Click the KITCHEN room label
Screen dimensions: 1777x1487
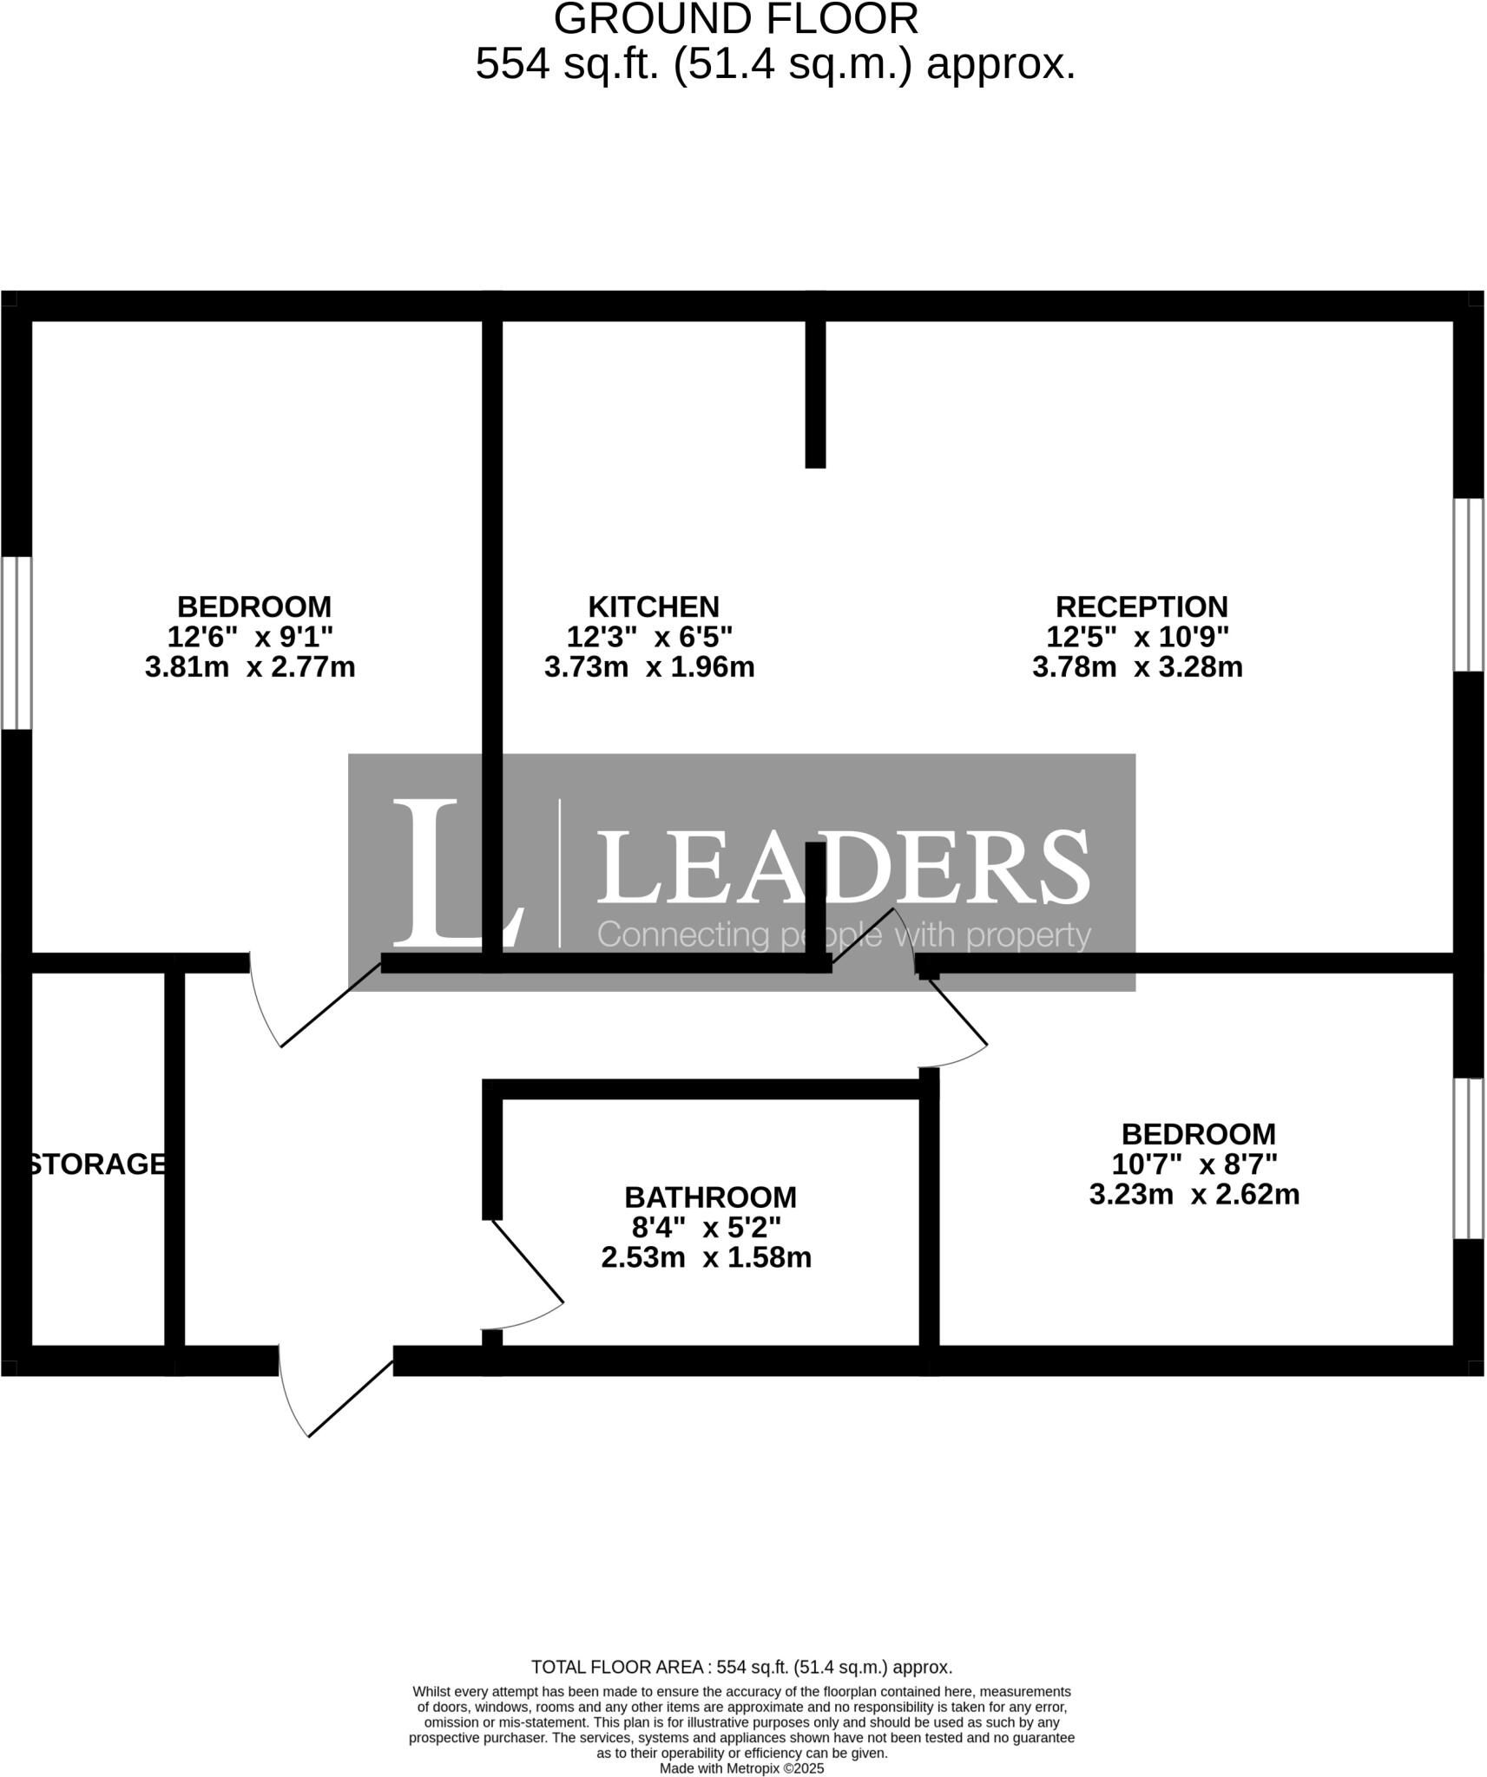(x=653, y=607)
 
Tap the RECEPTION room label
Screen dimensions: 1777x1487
(x=1142, y=607)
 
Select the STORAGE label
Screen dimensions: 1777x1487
(x=97, y=1164)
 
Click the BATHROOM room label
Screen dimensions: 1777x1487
(x=710, y=1197)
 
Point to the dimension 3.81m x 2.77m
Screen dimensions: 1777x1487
(x=250, y=667)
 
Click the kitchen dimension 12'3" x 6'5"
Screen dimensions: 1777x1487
(x=649, y=637)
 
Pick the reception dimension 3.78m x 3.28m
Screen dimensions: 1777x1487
(x=1137, y=667)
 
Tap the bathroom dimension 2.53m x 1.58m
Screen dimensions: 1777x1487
(x=706, y=1257)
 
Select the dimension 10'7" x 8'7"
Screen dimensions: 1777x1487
(x=1194, y=1164)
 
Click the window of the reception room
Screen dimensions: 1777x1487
(x=1468, y=585)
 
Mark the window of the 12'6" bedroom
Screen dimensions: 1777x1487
(x=16, y=643)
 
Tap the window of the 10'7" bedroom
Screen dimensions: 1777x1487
(x=1468, y=1158)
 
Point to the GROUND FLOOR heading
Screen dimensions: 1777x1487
(x=736, y=19)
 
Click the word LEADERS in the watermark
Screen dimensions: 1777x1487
(x=842, y=865)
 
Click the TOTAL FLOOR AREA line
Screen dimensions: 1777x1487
(x=741, y=1667)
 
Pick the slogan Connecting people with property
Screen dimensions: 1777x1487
(x=844, y=935)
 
